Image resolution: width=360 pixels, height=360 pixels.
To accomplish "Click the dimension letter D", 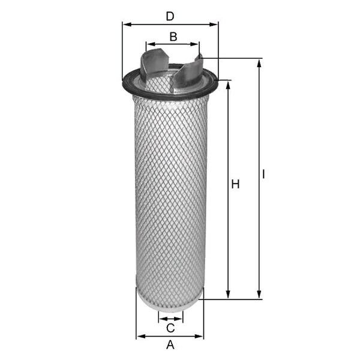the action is point(170,16).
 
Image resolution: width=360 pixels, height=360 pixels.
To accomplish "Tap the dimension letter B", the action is point(173,37).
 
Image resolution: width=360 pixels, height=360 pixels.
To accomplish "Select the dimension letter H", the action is point(235,184).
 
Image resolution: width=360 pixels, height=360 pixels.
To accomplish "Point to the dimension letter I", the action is point(263,174).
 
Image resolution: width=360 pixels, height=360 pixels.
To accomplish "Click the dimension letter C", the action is point(170,328).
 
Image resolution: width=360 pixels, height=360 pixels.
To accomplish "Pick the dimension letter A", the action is point(170,344).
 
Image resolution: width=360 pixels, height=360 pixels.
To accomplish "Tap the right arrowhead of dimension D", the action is point(213,25).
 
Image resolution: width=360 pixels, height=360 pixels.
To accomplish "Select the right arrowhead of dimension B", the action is point(194,44).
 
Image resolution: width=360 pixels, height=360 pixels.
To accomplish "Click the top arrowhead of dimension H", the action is point(228,85).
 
